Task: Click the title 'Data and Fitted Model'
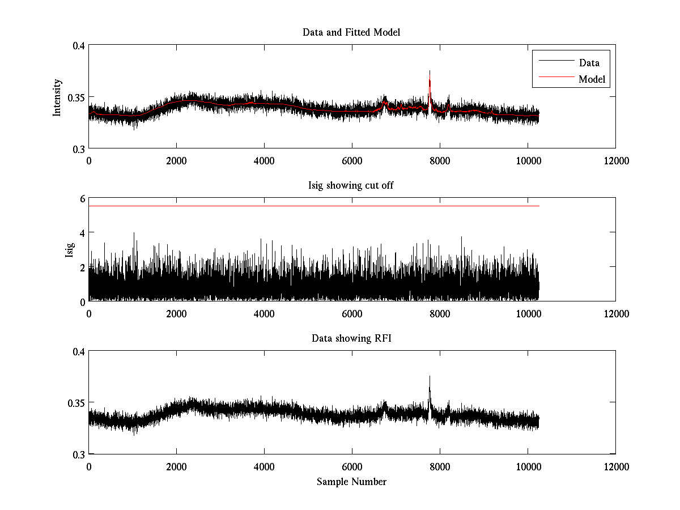(x=351, y=32)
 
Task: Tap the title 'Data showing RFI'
(x=351, y=338)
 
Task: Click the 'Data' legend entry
(x=589, y=63)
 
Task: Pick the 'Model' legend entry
(x=592, y=79)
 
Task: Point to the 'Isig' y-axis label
(x=69, y=249)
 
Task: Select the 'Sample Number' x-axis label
(x=351, y=482)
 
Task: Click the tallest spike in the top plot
(x=430, y=71)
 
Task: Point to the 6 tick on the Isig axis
(x=82, y=199)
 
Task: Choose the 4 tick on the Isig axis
(x=82, y=233)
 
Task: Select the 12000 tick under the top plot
(x=616, y=161)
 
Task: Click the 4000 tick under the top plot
(x=264, y=161)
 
